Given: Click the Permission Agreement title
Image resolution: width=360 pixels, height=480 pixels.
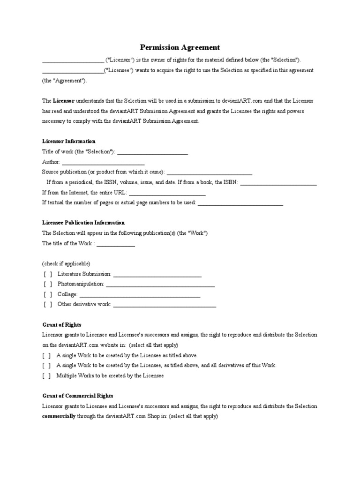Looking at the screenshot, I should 180,47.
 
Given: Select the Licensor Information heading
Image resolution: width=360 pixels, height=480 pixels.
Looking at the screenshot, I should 69,141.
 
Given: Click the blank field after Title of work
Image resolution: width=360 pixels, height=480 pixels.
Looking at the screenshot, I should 152,152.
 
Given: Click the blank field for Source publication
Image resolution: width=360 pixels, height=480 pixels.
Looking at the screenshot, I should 210,173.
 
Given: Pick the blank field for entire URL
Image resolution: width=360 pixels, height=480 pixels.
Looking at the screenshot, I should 167,193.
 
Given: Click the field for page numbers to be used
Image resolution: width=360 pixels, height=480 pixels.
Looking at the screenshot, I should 240,203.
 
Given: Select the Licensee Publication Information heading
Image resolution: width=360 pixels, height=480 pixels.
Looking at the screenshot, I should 83,223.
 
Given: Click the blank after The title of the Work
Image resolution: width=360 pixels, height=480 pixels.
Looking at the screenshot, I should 116,244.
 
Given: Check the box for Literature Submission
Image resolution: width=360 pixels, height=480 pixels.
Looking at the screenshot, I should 48,274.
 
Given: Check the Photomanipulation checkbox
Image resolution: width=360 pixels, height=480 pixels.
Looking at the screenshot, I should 48,284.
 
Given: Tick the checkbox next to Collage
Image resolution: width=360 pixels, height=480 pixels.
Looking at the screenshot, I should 48,294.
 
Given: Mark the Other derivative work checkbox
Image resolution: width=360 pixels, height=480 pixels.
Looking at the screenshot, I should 48,305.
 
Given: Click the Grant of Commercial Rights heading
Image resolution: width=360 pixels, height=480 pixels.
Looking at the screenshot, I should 78,396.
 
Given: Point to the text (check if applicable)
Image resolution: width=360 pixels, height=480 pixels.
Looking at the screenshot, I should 67,263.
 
